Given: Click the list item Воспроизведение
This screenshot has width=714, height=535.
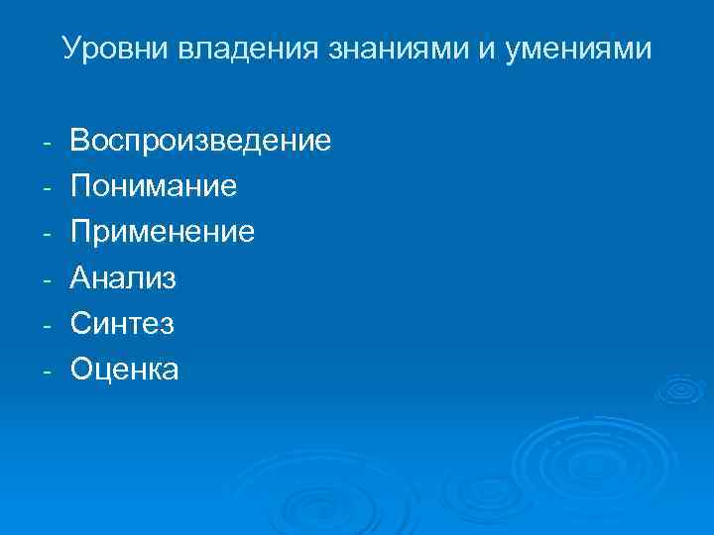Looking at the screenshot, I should (200, 140).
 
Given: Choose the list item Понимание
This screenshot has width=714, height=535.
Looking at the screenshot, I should (154, 185).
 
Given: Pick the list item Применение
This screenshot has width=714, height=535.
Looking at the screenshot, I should (163, 231).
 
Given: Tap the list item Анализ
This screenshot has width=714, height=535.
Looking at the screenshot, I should (123, 277).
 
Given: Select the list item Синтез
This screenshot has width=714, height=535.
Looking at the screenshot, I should (122, 323).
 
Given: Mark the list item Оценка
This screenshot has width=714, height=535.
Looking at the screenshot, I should (125, 369).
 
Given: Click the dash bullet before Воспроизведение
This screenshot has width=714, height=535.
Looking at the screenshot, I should (47, 142).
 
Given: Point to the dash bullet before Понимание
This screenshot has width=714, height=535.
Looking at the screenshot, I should (47, 187).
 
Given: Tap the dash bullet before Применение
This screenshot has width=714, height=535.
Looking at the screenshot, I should (47, 233).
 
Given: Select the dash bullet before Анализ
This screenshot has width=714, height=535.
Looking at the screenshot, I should (47, 279).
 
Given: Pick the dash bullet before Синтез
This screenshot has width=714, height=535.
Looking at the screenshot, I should (47, 325).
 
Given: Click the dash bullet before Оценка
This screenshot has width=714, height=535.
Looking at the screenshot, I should (47, 371).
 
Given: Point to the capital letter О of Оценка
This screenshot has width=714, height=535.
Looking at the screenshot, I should (80, 369).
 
